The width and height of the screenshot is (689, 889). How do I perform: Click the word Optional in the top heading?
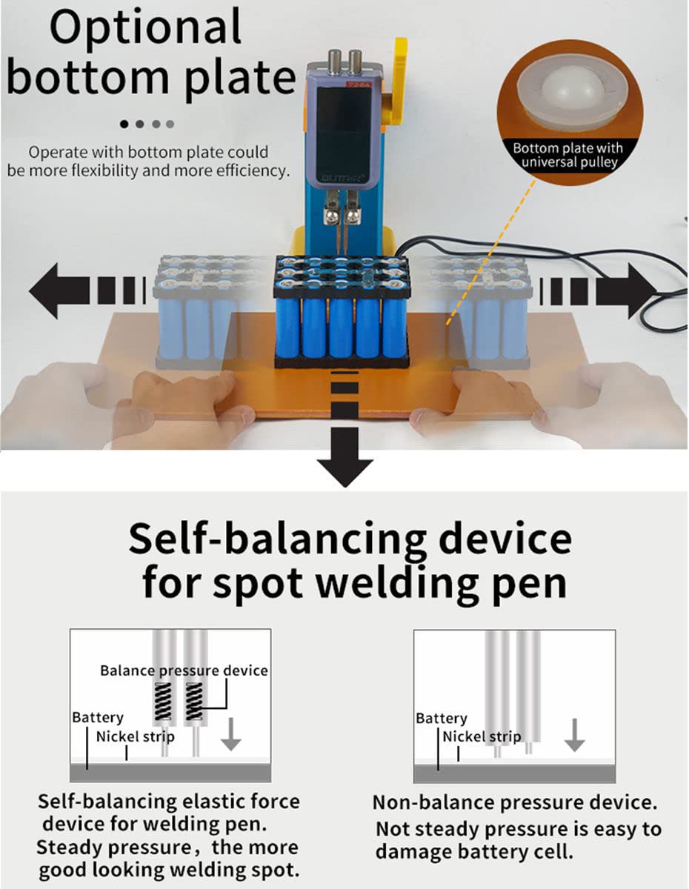click(145, 28)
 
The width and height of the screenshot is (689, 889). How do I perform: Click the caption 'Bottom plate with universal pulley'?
click(568, 155)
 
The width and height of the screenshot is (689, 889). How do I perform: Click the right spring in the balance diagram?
click(194, 702)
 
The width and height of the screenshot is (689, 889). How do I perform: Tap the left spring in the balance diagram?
click(163, 702)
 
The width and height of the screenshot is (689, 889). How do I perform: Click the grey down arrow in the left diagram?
click(230, 734)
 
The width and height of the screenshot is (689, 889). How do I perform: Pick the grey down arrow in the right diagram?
click(575, 735)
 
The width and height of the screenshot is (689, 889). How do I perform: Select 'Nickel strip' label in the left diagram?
click(136, 737)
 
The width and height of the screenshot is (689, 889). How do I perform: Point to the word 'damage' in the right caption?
click(413, 852)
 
